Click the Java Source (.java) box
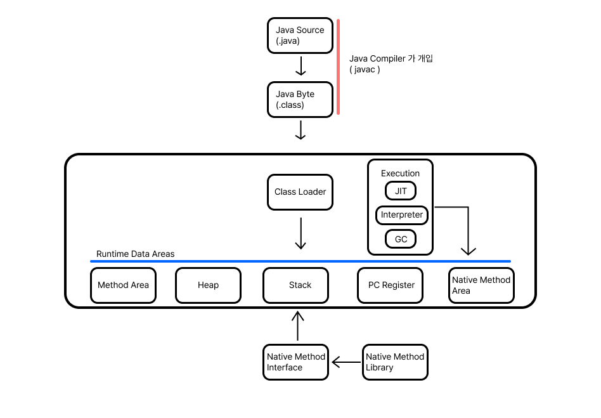pyautogui.click(x=300, y=36)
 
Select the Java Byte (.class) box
pyautogui.click(x=300, y=100)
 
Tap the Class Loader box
pyautogui.click(x=300, y=192)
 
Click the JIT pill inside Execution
pyautogui.click(x=400, y=191)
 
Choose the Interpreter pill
pyautogui.click(x=401, y=215)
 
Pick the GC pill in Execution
pyautogui.click(x=400, y=239)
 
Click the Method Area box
pyautogui.click(x=123, y=285)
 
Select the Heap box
pyautogui.click(x=208, y=285)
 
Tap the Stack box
pyautogui.click(x=295, y=285)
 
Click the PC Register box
pyautogui.click(x=391, y=285)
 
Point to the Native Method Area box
pyautogui.click(x=481, y=285)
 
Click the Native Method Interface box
pyautogui.click(x=295, y=362)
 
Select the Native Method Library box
pyautogui.click(x=395, y=362)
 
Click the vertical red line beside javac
pyautogui.click(x=339, y=67)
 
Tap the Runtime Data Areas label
pyautogui.click(x=135, y=254)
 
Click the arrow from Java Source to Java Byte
pyautogui.click(x=301, y=66)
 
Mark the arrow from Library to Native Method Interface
pyautogui.click(x=346, y=363)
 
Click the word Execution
pyautogui.click(x=400, y=173)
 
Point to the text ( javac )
pyautogui.click(x=365, y=70)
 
